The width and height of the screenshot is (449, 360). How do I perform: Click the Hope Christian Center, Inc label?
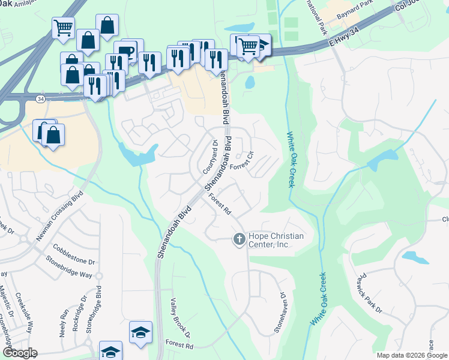pos(276,241)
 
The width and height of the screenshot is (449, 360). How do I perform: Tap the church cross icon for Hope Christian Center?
pos(239,240)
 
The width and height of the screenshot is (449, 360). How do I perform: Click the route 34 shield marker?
pos(40,98)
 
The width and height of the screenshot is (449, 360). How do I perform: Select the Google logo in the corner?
pos(19,353)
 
